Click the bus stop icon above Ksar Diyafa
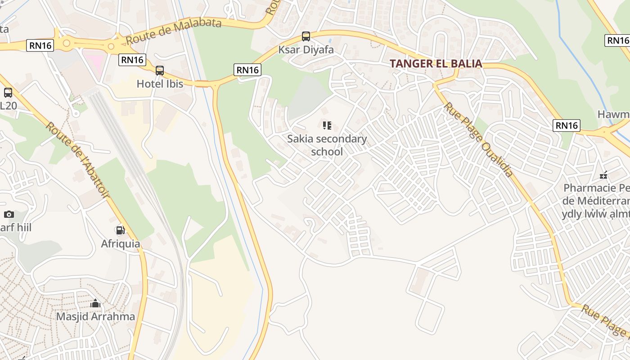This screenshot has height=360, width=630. coord(306,36)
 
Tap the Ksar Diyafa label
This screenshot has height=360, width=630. coord(306,49)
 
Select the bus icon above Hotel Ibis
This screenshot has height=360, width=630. coord(160,71)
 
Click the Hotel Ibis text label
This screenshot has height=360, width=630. coord(160,84)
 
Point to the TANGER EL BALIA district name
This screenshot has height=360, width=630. coord(436,64)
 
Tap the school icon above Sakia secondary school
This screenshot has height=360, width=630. coord(327,126)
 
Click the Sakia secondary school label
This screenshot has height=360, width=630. coord(327,145)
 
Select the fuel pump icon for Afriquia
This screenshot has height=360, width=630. coord(120,230)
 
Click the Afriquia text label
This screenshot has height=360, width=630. coord(120,244)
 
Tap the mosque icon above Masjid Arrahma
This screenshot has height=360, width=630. coord(95,304)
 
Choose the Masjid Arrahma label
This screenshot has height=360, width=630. coord(95,316)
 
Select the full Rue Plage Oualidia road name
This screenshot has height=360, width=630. coord(479,139)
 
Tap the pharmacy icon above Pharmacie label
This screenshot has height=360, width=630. coord(603,175)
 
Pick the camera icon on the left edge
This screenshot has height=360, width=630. coord(9,215)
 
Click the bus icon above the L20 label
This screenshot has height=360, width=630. coord(8,93)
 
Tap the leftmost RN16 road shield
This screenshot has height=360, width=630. coord(40,45)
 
